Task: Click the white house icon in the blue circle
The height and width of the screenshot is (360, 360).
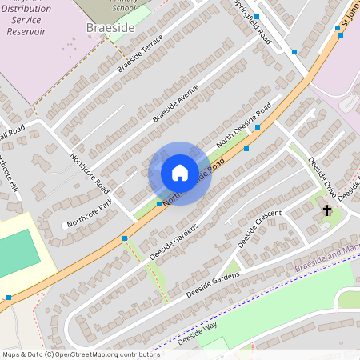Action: click(179, 173)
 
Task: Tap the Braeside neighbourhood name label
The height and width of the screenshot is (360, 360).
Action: click(110, 27)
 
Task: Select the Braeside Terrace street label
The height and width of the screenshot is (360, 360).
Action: click(140, 53)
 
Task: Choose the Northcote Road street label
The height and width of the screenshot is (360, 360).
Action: click(90, 172)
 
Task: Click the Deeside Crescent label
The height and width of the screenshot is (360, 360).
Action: click(260, 228)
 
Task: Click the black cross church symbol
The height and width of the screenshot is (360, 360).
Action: click(326, 210)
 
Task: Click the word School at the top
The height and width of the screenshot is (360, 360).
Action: click(123, 7)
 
